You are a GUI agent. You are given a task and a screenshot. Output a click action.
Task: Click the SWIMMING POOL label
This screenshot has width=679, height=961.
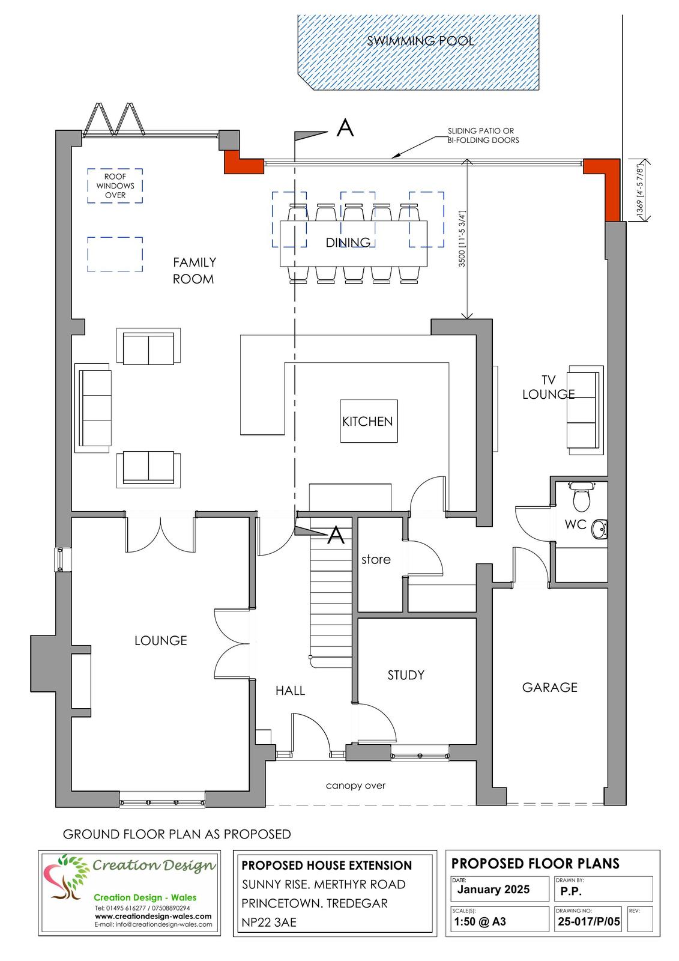420,41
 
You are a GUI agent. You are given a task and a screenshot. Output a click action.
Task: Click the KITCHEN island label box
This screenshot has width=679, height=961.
369,421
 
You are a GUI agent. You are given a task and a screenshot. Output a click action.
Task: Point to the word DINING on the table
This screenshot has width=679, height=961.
348,243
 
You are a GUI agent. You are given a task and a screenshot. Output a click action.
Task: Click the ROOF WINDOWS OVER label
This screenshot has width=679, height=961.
115,186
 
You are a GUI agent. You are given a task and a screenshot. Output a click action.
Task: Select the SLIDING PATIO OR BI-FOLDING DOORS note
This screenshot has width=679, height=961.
483,136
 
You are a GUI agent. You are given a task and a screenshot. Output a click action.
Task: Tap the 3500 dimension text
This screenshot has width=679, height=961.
462,238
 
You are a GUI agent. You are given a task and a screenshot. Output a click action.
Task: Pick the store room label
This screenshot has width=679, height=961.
376,559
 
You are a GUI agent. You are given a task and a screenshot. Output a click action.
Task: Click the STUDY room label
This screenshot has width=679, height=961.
406,675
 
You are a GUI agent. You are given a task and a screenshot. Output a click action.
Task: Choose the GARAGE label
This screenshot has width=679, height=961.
549,687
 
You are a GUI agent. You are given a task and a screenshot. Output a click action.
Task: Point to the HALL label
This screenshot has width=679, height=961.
290,691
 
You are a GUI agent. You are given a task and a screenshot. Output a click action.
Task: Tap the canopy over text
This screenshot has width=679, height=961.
355,786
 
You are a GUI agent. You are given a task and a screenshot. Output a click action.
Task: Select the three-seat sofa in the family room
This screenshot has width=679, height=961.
94,408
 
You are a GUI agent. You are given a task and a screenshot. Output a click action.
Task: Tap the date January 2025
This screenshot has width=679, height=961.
493,890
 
